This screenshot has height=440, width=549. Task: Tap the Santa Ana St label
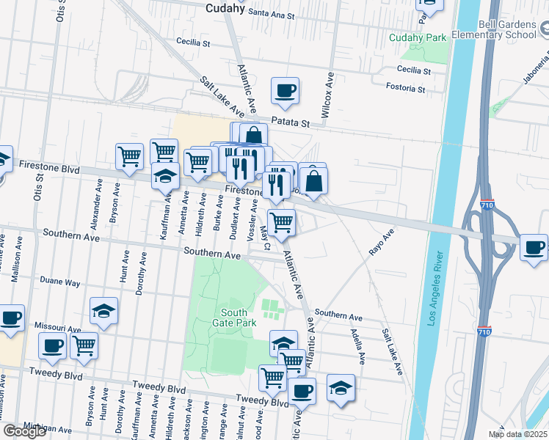tap(271, 14)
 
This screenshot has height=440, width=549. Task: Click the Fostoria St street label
tap(406, 89)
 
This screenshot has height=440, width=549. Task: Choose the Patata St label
tap(290, 122)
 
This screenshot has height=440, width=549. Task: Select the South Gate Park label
tap(230, 317)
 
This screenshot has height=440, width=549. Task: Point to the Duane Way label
tap(60, 281)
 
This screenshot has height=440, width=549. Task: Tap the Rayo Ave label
tap(382, 241)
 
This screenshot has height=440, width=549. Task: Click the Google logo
tap(24, 431)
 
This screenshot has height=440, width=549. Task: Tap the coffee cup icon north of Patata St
tap(285, 91)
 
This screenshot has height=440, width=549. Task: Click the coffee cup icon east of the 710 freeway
tap(534, 247)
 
